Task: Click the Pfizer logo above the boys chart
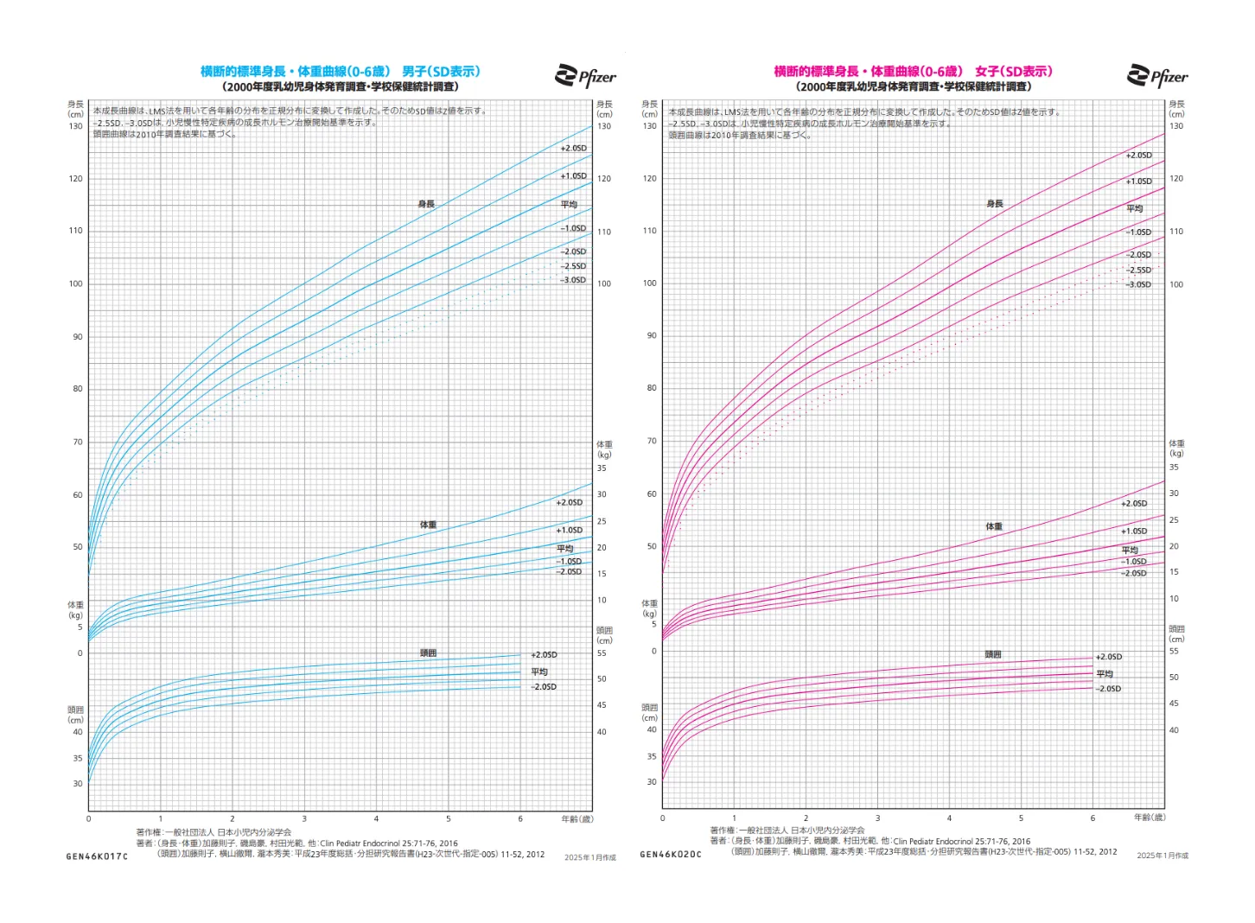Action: [585, 76]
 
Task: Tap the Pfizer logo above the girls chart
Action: [1157, 76]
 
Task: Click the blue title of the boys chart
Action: [340, 72]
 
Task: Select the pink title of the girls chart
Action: [913, 72]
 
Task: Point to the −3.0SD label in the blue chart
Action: [573, 280]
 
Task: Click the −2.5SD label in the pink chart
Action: [1138, 270]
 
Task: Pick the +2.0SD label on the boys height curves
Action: [573, 149]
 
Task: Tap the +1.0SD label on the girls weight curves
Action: [1134, 532]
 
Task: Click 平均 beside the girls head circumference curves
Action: [1105, 674]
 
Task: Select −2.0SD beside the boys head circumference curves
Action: [544, 687]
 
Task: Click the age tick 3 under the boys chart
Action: [304, 818]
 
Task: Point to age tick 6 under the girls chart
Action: [1093, 818]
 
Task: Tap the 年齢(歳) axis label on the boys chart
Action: [577, 818]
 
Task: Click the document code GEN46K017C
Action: [97, 856]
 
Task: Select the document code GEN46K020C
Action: [671, 855]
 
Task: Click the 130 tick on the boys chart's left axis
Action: [76, 126]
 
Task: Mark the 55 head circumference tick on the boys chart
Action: [602, 653]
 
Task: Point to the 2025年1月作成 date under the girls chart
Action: [1162, 856]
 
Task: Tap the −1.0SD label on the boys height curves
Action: [572, 229]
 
